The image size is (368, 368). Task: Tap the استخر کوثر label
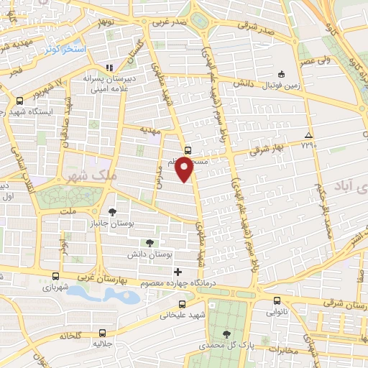click(x=65, y=49)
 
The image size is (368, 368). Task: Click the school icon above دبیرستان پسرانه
click(x=109, y=68)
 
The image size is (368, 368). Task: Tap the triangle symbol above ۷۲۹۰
click(x=308, y=135)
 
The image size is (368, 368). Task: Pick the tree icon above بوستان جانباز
click(x=113, y=211)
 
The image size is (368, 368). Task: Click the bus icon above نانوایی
click(x=277, y=300)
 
